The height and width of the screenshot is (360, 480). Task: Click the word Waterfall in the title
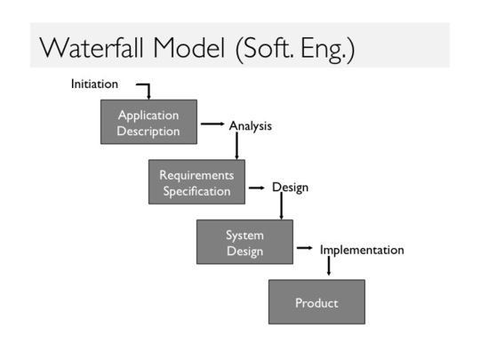pos(92,48)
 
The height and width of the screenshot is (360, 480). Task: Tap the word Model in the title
pos(188,48)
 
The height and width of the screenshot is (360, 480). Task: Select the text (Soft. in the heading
pos(265,49)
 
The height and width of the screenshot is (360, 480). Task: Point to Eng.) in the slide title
pos(328,50)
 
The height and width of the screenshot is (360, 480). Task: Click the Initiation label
pos(94,84)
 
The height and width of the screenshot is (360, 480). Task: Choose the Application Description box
pos(148,122)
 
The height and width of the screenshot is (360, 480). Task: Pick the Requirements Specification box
pos(196,182)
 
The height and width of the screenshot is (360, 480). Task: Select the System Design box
pos(245,242)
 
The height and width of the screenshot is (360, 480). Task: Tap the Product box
pos(316,302)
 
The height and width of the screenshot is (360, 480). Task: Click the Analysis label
pos(251,126)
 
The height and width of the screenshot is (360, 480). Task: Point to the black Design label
pos(290,188)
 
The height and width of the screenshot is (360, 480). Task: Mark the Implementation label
pos(362,250)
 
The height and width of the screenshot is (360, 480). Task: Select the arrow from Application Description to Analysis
pos(212,124)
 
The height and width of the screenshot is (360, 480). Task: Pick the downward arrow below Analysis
pos(236,146)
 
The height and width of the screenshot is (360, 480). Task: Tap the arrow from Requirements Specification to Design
pos(257,188)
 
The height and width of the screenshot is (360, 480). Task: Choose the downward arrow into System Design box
pos(281,205)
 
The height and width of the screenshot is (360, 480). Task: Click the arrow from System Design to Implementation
pos(305,248)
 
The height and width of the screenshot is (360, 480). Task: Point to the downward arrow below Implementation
pos(329,266)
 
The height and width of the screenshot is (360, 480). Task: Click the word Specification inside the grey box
pos(196,191)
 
